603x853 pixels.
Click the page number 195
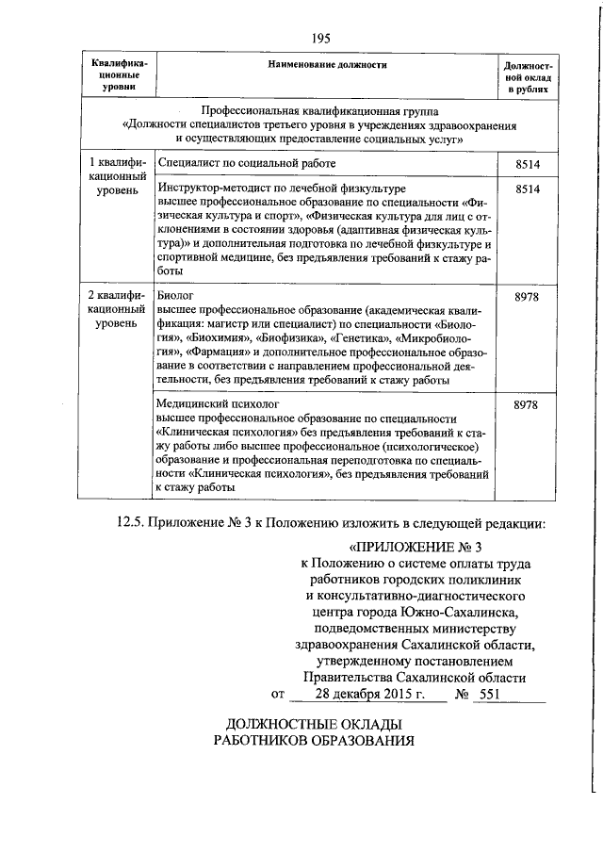click(x=319, y=38)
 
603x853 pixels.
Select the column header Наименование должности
click(x=326, y=64)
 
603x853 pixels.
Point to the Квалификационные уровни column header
click(x=118, y=74)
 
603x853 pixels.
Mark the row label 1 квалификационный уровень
click(x=118, y=176)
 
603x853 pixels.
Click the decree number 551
click(x=488, y=695)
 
